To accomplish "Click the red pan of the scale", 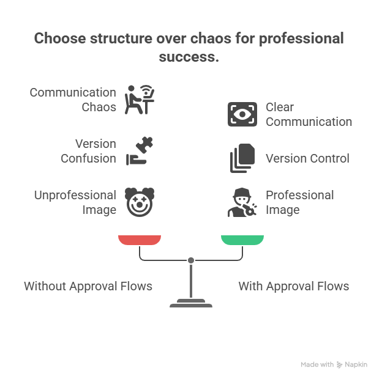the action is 140,240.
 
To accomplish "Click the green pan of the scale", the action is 242,240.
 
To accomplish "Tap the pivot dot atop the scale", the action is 191,260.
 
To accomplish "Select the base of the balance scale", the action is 191,303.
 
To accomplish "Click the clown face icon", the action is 140,202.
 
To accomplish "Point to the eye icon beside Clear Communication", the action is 242,114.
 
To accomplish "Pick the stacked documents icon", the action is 242,158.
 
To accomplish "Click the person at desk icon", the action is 140,100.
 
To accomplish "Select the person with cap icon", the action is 242,202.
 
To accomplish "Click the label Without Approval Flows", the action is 88,286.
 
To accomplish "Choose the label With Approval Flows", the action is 294,286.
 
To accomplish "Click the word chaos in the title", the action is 211,39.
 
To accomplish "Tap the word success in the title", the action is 189,57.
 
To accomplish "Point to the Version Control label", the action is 307,158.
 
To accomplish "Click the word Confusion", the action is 88,158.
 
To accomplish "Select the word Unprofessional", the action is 75,196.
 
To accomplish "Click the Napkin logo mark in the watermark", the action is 340,365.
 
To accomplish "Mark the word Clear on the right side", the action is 280,107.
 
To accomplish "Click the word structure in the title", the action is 121,39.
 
